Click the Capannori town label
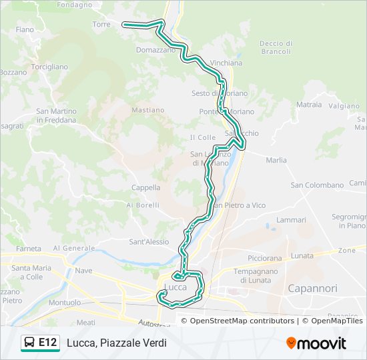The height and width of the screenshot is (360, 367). click(312, 289)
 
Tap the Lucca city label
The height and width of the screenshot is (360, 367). click(175, 287)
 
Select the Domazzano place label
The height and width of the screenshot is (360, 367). click(155, 50)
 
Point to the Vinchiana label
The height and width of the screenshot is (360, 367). click(226, 63)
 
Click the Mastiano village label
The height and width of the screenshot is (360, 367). click(148, 110)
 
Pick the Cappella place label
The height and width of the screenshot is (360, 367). click(145, 188)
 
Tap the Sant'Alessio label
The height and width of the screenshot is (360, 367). click(149, 242)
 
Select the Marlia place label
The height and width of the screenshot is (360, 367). click(276, 161)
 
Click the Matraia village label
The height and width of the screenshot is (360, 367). click(309, 105)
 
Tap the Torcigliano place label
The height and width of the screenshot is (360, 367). click(49, 67)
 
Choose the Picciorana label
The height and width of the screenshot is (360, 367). click(266, 257)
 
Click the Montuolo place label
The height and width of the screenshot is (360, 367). click(65, 303)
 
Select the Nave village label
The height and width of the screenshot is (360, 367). click(83, 271)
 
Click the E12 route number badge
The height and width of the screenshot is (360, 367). click(47, 343)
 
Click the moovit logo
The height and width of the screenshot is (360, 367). click(316, 343)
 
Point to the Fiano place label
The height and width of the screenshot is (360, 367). click(25, 30)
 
